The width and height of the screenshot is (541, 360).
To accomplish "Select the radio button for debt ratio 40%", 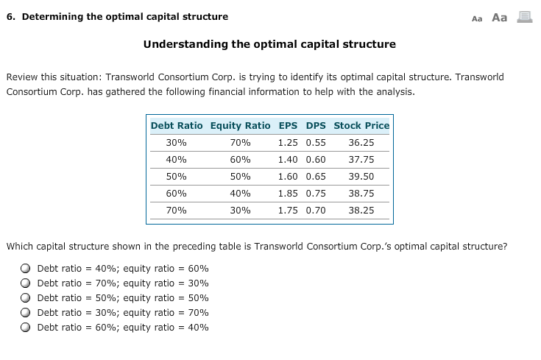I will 26,269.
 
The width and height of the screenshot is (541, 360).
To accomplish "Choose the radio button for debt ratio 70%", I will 26,283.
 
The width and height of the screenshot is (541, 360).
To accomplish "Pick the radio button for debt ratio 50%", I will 26,298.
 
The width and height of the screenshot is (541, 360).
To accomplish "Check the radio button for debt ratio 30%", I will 26,313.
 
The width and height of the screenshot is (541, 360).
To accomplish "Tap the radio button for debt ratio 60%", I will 26,328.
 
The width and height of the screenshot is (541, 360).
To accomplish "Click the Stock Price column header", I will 361,125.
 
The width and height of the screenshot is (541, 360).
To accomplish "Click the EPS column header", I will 289,125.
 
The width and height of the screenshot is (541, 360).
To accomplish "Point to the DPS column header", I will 315,125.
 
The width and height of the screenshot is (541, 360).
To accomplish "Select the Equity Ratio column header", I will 240,125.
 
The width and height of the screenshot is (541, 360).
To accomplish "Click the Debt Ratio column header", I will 177,125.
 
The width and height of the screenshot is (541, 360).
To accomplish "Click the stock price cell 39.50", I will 361,177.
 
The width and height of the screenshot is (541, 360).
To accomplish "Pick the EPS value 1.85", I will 289,193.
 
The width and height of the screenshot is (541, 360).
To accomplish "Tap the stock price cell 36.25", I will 361,143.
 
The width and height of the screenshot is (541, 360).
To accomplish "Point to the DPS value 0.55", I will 315,143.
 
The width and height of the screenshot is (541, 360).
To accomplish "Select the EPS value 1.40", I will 289,159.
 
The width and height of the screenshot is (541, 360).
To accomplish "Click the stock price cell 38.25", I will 361,210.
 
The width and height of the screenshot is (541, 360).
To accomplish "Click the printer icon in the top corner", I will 524,17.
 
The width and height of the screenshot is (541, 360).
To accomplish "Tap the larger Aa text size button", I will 499,17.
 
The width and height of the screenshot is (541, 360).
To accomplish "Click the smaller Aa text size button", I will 476,18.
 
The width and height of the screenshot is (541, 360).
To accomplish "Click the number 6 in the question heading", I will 9,17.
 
